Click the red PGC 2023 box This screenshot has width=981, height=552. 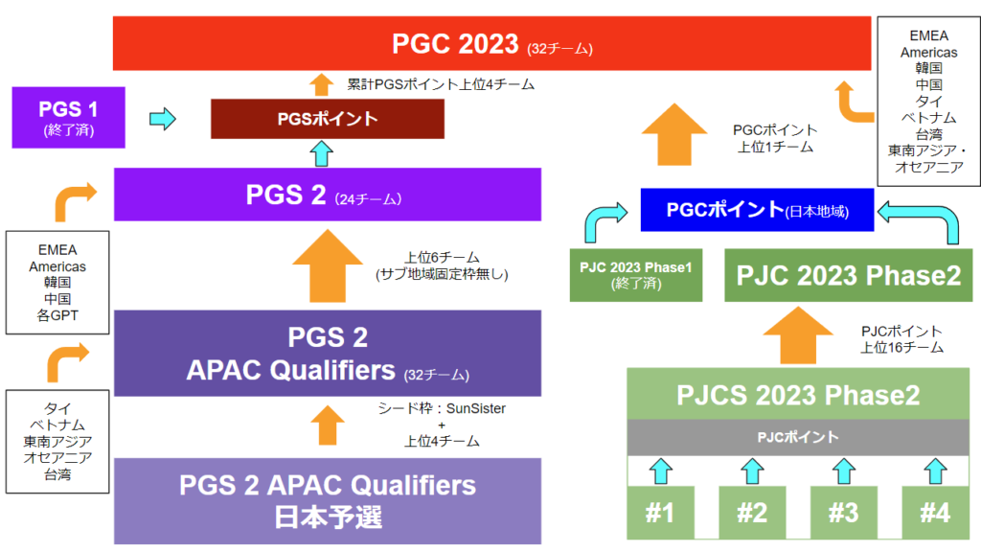point(491,43)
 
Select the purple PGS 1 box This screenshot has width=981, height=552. point(68,117)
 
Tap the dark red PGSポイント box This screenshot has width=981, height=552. point(327,119)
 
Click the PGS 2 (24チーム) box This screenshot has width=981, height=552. point(327,195)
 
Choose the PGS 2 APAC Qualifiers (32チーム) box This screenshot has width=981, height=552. point(327,352)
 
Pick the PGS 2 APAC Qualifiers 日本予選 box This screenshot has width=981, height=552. point(327,500)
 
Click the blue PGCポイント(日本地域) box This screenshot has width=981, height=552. point(757,209)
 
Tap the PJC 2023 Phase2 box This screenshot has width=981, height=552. point(848,274)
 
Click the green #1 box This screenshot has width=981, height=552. point(659,512)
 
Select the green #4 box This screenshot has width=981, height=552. point(934,512)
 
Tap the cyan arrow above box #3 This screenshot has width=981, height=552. point(843,470)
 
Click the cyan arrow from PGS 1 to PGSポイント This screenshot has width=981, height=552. point(164,119)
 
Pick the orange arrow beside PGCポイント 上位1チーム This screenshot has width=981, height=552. point(681,135)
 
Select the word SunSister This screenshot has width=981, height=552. point(476,408)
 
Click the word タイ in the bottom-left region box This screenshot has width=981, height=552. point(57,408)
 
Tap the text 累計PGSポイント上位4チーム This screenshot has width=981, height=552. point(440,84)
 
